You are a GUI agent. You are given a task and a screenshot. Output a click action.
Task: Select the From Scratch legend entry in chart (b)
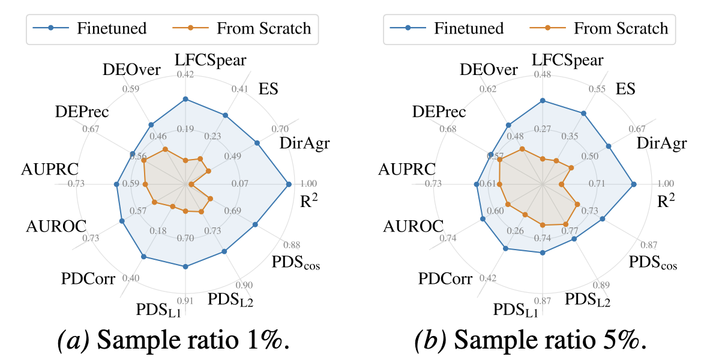tap(600, 28)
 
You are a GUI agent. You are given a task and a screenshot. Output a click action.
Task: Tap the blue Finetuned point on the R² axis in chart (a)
tap(290, 184)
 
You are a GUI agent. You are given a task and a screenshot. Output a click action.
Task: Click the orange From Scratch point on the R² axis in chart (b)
tap(561, 184)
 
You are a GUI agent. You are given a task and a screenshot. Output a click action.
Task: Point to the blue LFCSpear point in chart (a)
tap(185, 99)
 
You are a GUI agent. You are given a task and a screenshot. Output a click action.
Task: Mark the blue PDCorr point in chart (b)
tap(505, 248)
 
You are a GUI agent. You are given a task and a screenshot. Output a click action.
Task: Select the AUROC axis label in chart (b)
tap(414, 226)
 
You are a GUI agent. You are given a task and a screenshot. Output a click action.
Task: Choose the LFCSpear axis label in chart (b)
tap(568, 59)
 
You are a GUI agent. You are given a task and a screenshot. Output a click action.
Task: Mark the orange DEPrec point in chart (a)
tap(144, 161)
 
